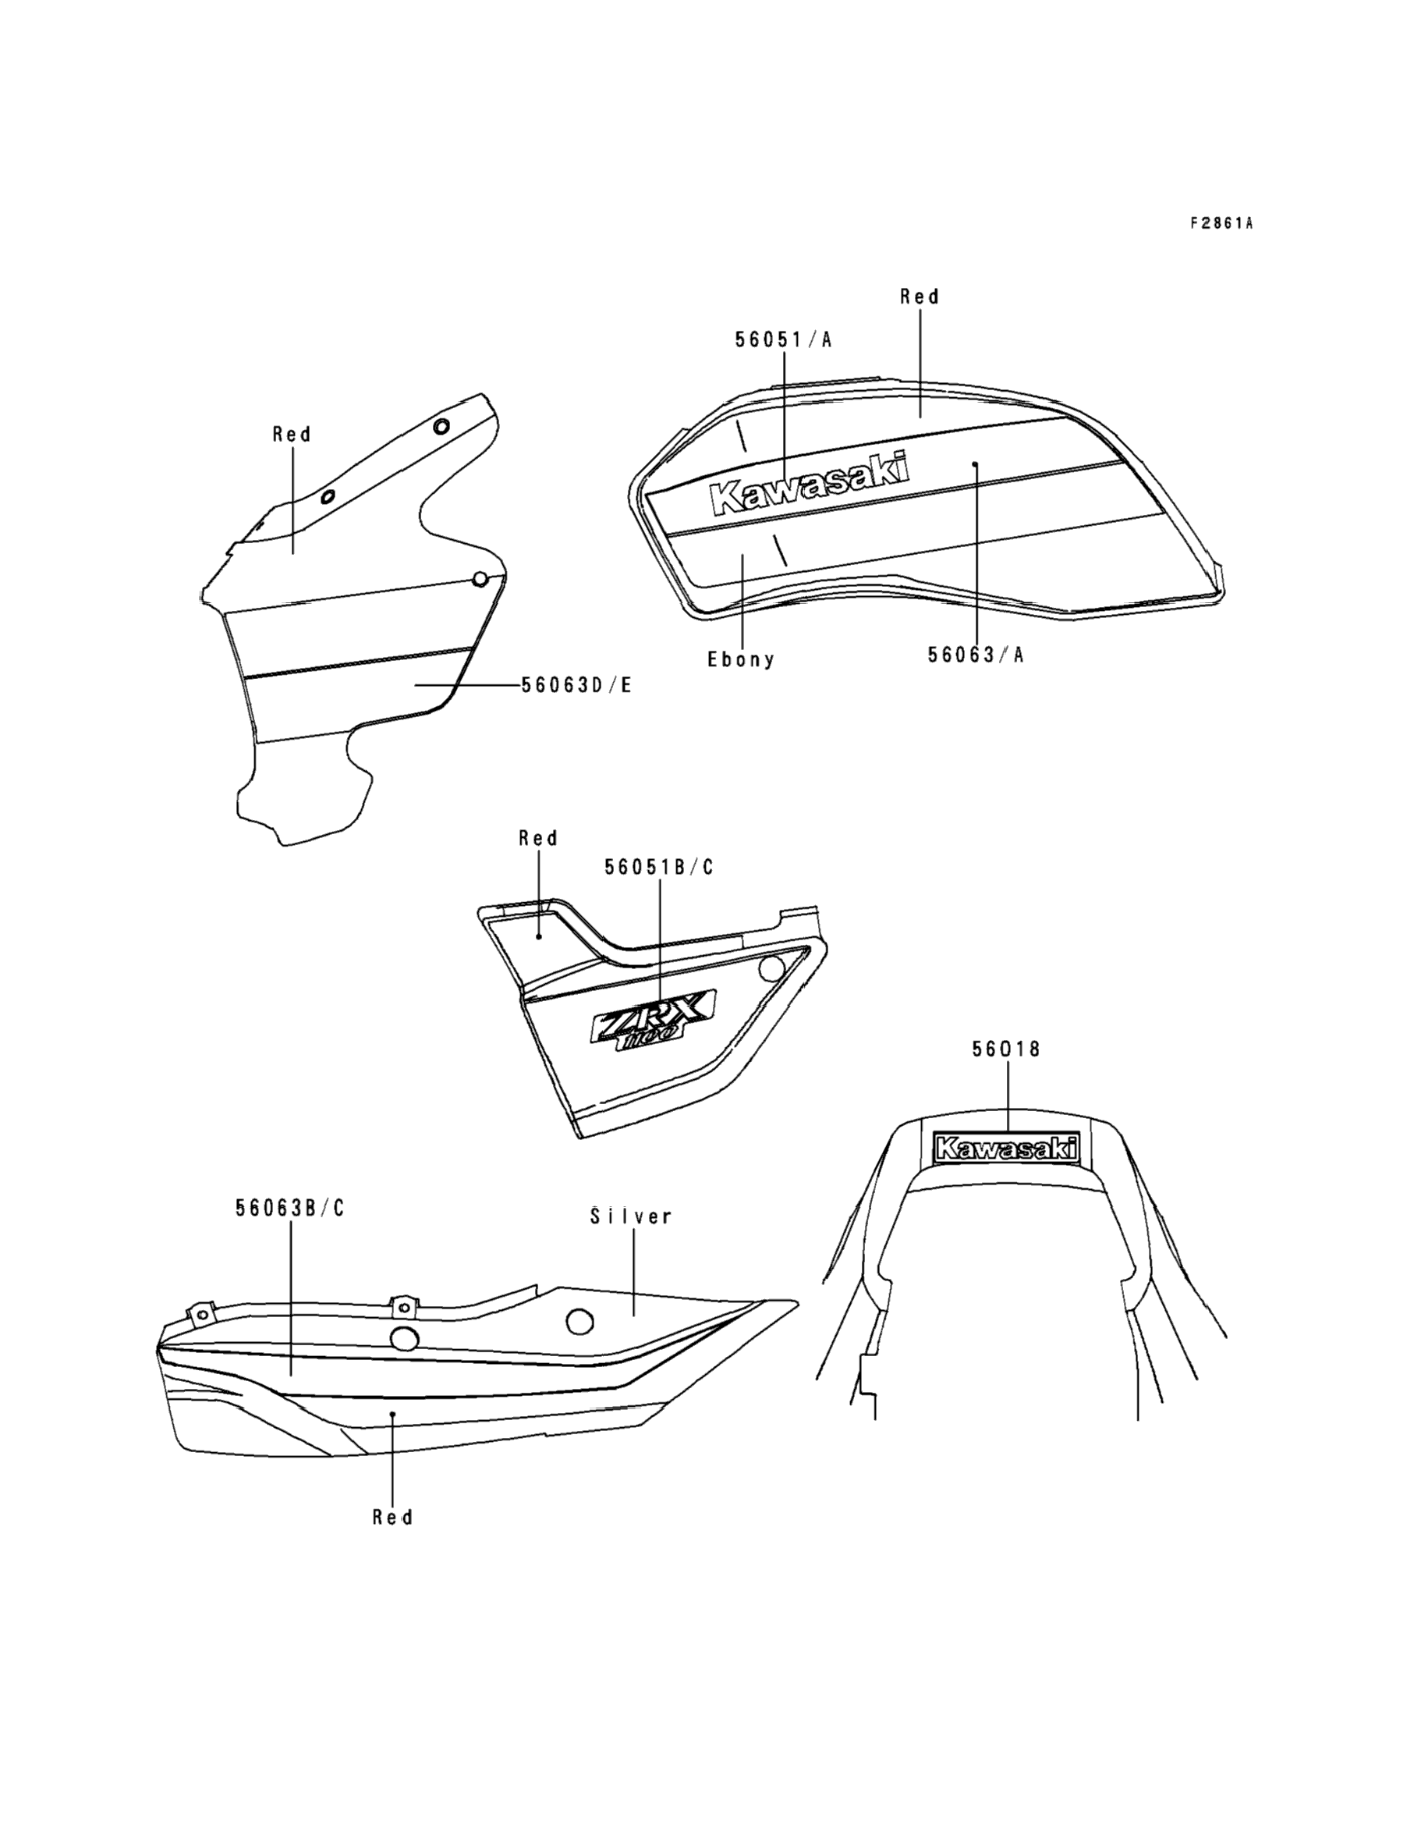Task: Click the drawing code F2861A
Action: click(x=1221, y=223)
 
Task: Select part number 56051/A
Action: click(x=784, y=339)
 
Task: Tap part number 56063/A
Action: click(x=976, y=655)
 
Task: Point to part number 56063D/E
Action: click(x=576, y=685)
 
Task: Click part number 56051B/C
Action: click(x=659, y=867)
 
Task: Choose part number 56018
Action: click(x=1006, y=1049)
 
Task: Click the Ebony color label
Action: click(x=741, y=659)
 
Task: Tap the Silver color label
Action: click(x=631, y=1216)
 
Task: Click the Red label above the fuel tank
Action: click(x=920, y=297)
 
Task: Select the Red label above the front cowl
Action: click(x=292, y=434)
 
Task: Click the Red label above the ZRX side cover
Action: click(x=537, y=838)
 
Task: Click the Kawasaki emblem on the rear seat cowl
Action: click(x=1006, y=1148)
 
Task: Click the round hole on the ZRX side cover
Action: click(x=771, y=969)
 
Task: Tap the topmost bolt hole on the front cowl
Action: click(x=441, y=425)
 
